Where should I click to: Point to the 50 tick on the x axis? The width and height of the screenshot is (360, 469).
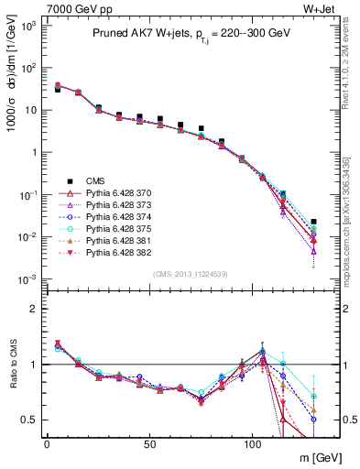pos(149,443)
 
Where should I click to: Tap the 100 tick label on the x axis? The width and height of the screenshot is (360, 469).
pos(252,443)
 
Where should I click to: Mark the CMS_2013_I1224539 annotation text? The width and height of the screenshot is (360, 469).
pos(193,274)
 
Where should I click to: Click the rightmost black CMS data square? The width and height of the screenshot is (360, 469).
pos(314,222)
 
